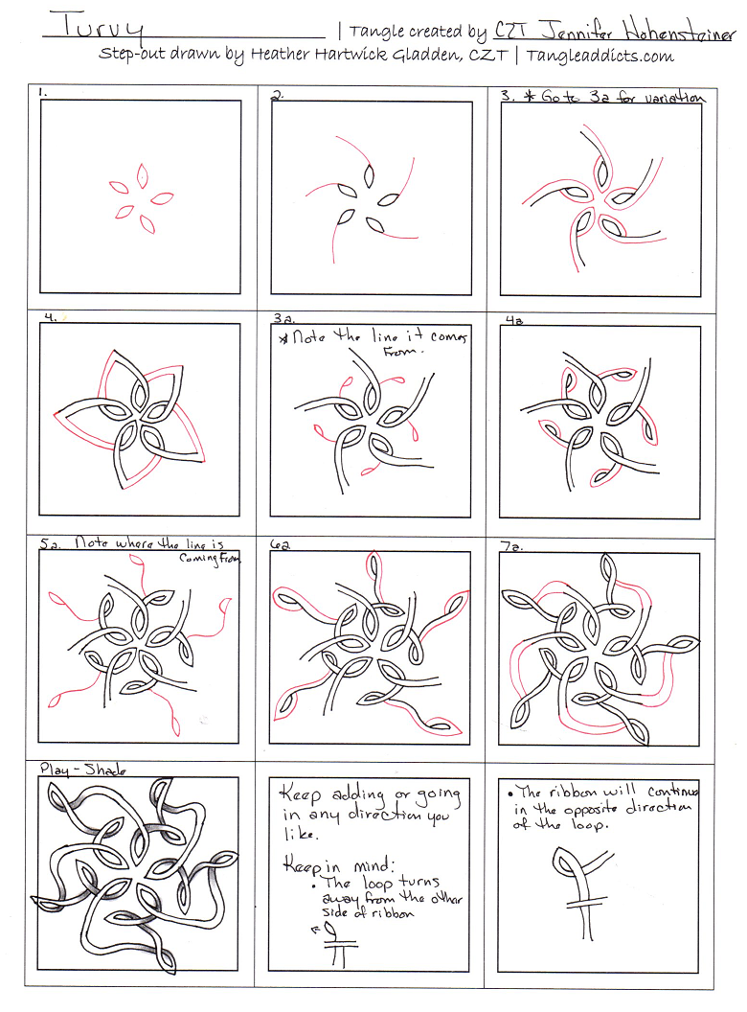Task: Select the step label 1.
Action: pyautogui.click(x=44, y=93)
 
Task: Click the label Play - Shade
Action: pyautogui.click(x=83, y=769)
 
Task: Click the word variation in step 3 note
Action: pyautogui.click(x=672, y=97)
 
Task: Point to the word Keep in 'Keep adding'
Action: pyautogui.click(x=298, y=794)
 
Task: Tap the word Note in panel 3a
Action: pyautogui.click(x=309, y=337)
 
